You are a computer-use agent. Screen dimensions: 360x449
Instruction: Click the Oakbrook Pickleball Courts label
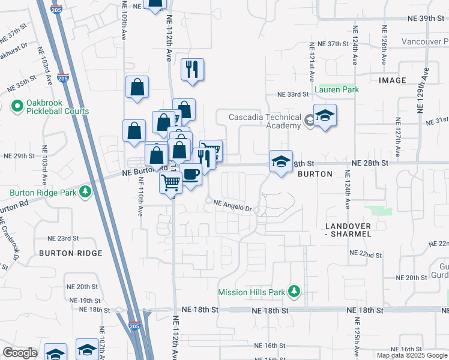tap(57, 107)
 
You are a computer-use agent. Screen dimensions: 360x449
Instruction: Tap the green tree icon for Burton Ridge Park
tap(86, 191)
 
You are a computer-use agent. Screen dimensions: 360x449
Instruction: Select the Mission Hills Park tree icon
tap(294, 292)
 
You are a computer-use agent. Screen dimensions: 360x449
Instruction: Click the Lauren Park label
tap(337, 89)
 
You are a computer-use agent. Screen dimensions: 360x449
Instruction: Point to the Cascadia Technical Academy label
tap(265, 121)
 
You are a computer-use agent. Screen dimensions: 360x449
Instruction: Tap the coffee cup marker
tap(190, 175)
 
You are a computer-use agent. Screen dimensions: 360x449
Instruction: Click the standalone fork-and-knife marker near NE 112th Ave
tap(192, 70)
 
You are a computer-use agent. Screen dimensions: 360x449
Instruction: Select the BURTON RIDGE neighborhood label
tap(70, 253)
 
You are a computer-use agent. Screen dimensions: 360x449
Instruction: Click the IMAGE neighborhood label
tap(393, 80)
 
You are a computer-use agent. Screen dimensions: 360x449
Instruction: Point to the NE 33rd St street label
tap(292, 94)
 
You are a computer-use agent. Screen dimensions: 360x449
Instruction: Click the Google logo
tap(20, 353)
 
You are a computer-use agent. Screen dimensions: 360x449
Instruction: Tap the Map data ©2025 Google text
tap(412, 355)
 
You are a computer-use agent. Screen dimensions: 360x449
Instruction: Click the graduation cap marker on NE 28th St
tap(280, 161)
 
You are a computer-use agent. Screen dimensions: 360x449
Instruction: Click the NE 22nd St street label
tap(367, 255)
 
